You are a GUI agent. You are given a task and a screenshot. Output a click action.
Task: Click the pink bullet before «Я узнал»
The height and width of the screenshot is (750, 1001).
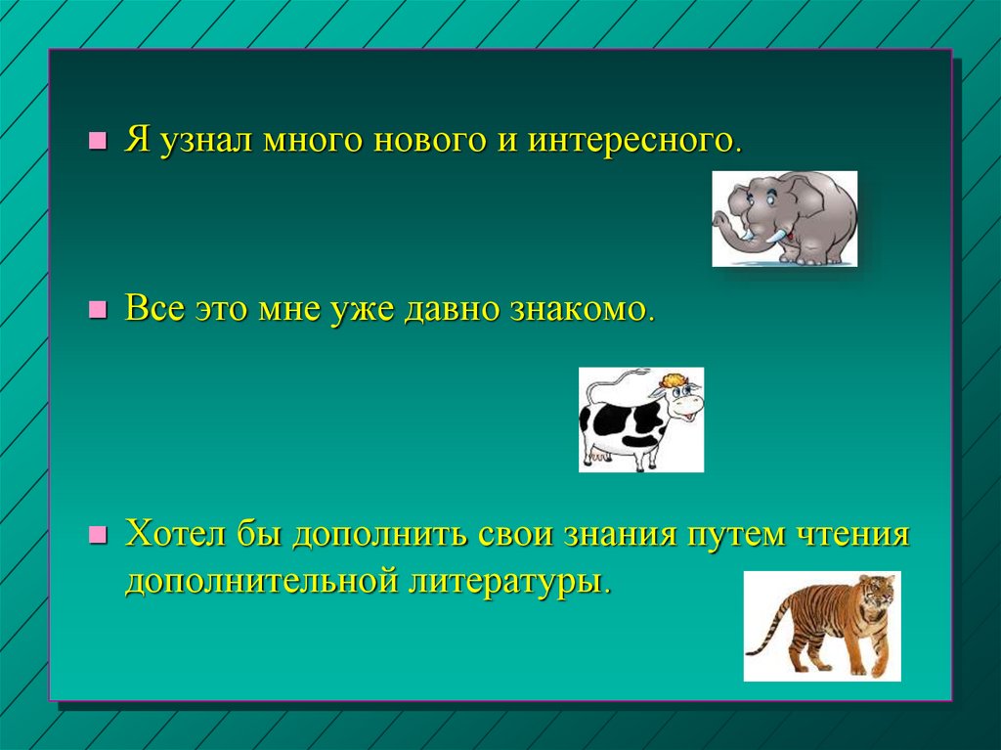click(x=97, y=141)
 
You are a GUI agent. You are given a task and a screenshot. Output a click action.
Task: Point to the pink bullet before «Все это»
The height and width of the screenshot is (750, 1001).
click(x=97, y=310)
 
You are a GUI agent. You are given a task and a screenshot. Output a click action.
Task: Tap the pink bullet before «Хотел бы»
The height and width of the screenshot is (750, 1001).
click(x=97, y=534)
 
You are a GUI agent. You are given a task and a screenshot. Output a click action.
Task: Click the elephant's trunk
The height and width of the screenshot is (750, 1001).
click(x=724, y=225)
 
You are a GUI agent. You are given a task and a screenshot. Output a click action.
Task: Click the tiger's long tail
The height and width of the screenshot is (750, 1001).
click(x=769, y=629)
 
